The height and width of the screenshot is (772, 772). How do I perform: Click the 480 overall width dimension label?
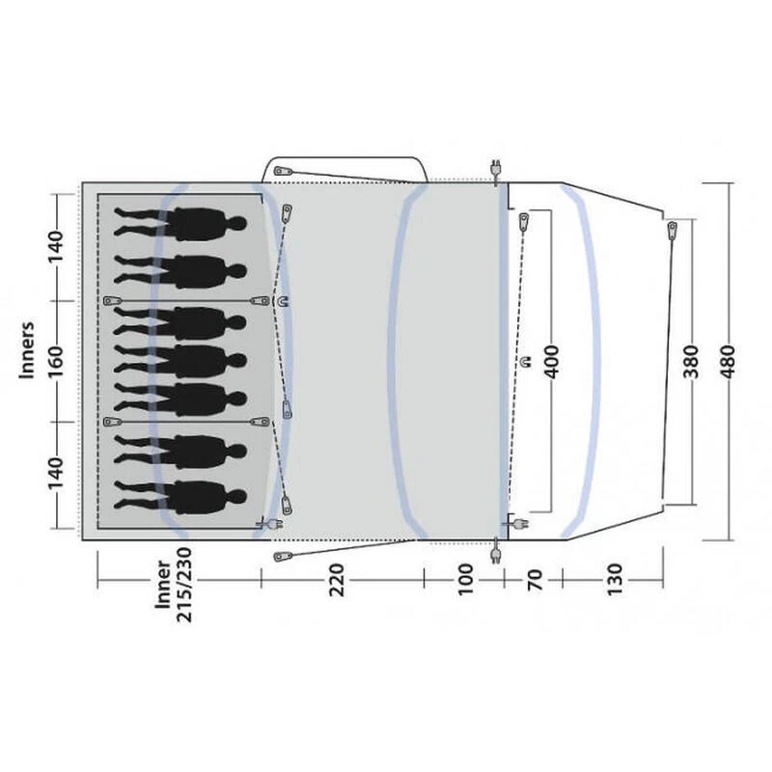pyautogui.click(x=728, y=362)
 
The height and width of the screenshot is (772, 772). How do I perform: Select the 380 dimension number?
pyautogui.click(x=691, y=362)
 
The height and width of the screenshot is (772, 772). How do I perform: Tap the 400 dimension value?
pyautogui.click(x=552, y=362)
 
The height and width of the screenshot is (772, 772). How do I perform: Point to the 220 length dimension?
pyautogui.click(x=337, y=580)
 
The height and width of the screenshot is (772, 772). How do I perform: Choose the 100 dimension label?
pyautogui.click(x=465, y=580)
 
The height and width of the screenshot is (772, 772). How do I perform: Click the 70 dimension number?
pyautogui.click(x=535, y=580)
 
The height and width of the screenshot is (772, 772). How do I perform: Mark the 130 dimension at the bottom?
pyautogui.click(x=615, y=580)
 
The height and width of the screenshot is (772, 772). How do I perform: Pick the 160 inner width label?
pyautogui.click(x=56, y=361)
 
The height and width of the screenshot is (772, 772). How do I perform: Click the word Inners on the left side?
pyautogui.click(x=27, y=350)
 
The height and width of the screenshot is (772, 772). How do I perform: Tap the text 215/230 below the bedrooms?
pyautogui.click(x=184, y=585)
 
